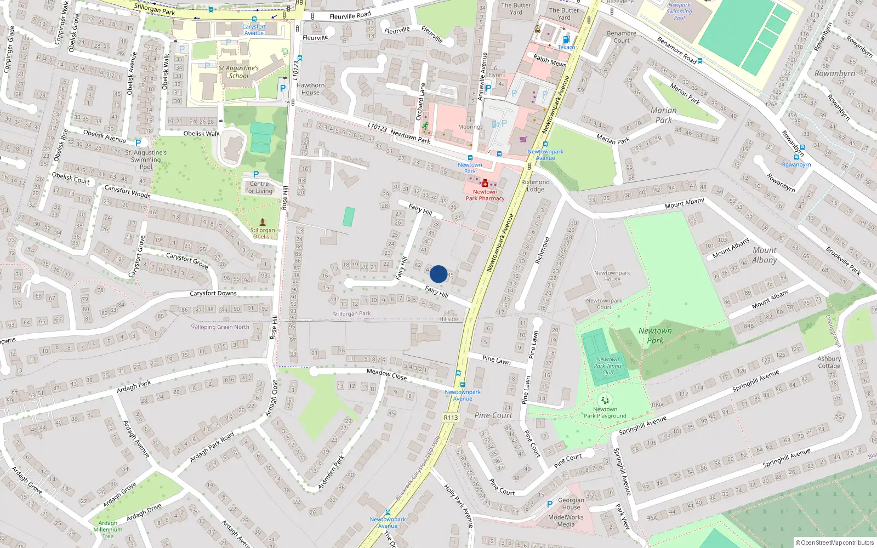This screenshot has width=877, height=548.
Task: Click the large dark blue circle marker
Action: click(x=438, y=274)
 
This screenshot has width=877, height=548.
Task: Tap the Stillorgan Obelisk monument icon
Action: click(x=263, y=222)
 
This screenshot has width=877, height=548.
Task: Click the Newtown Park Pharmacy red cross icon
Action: click(x=485, y=184)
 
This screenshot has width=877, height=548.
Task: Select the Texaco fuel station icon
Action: click(x=566, y=39)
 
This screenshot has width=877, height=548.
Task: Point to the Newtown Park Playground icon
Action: click(x=605, y=401)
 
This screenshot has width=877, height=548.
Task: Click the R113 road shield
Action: click(x=451, y=418)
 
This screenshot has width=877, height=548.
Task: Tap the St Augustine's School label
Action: click(x=238, y=72)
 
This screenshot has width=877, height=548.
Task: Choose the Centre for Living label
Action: click(x=259, y=187)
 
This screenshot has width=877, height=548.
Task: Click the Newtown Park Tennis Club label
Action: click(x=608, y=366)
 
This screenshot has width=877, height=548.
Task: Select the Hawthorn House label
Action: click(x=310, y=89)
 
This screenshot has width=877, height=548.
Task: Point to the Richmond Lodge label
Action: click(x=536, y=186)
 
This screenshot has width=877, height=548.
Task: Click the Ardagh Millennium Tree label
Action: click(x=108, y=529)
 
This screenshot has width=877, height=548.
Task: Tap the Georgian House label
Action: click(x=571, y=504)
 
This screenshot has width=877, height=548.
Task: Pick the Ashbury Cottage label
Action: click(x=829, y=362)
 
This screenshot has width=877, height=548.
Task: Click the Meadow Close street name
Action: click(x=386, y=374)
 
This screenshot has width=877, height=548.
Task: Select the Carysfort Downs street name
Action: click(x=213, y=293)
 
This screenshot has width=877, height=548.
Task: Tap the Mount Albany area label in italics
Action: click(x=764, y=255)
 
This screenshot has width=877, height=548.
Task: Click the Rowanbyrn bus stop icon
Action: click(x=796, y=157)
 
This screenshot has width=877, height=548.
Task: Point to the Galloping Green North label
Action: click(x=220, y=327)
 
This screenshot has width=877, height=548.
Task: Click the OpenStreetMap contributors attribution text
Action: click(x=835, y=543)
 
